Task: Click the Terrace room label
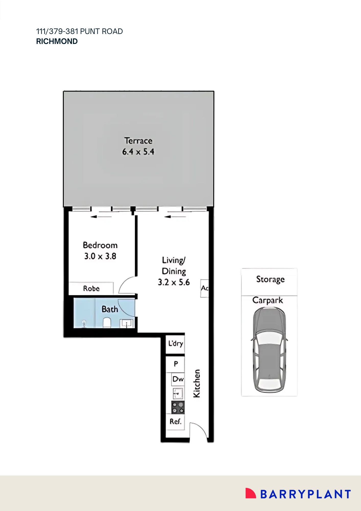138,141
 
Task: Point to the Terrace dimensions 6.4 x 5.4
138,152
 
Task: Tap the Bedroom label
100,245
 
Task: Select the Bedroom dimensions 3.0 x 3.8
100,256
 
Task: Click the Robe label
91,288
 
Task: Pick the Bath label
110,309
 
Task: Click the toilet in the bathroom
107,322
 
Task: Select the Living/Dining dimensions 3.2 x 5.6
174,282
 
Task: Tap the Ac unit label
204,288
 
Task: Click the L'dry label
176,344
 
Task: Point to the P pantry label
176,364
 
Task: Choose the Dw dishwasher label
178,379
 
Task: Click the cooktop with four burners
178,408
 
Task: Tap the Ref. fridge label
176,421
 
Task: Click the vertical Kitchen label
197,384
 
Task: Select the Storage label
270,279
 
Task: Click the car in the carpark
269,350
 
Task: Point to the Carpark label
268,300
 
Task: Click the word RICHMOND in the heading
57,41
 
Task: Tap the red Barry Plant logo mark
250,493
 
